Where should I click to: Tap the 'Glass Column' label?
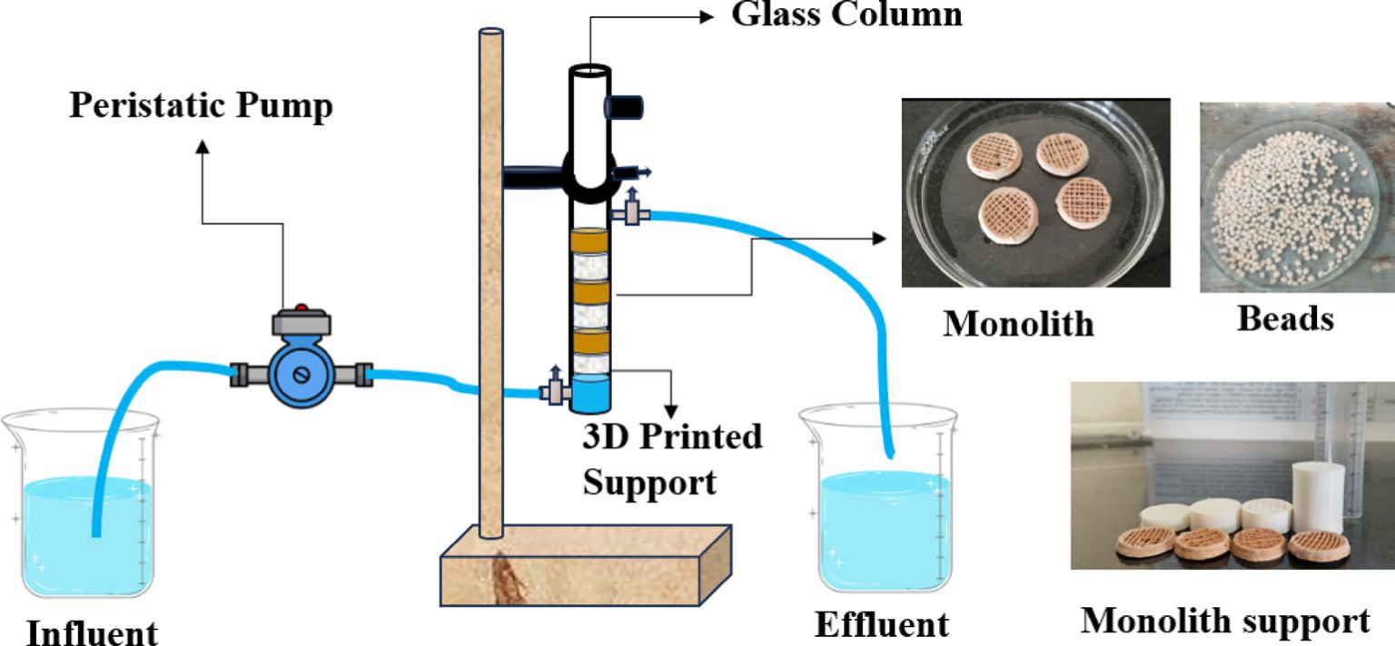pyautogui.click(x=846, y=14)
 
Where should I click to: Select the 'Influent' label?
pyautogui.click(x=91, y=631)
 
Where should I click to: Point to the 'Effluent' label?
pyautogui.click(x=882, y=624)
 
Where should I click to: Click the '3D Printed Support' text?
pyautogui.click(x=672, y=459)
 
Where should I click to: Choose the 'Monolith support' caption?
pyautogui.click(x=1224, y=621)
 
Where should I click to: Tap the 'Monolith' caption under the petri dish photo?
pyautogui.click(x=1018, y=323)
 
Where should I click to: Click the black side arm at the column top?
pyautogui.click(x=624, y=106)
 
